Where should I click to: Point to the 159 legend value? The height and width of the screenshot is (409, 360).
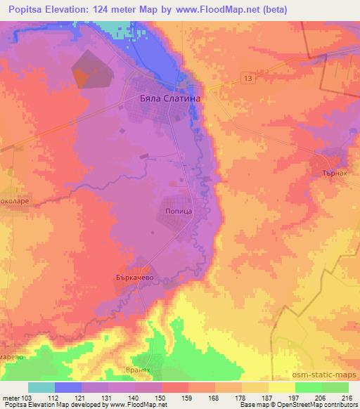(172, 398)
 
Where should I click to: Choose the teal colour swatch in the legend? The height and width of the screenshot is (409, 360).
(41, 387)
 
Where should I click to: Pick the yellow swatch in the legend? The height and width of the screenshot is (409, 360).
(281, 387)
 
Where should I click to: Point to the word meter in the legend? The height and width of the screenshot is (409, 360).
(12, 398)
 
